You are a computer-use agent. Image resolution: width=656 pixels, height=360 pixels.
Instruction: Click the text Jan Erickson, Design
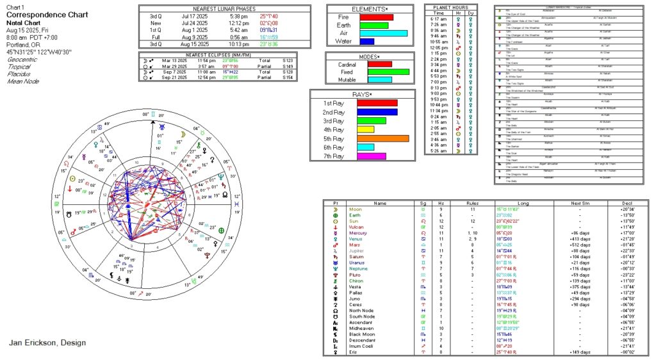click(47, 343)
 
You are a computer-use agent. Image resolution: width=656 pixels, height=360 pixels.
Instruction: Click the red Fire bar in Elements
click(376, 17)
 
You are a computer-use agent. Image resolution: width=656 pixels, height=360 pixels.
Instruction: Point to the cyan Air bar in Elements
click(383, 33)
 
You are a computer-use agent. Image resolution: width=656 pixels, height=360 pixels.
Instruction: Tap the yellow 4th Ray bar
click(365, 129)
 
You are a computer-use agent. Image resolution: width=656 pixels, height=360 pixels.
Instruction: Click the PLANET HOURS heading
click(450, 7)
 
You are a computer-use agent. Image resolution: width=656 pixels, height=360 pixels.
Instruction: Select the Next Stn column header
click(580, 203)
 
